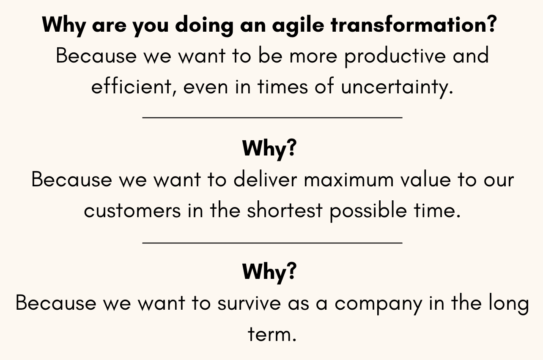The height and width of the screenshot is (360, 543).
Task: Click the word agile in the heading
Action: [x=298, y=26]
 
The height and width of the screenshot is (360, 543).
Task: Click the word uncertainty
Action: [x=397, y=87]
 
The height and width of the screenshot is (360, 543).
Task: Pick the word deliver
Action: [x=265, y=180]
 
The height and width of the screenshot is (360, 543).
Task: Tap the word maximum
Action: [x=348, y=180]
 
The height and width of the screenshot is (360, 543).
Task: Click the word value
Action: [x=425, y=180]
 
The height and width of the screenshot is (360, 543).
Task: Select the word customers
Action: [x=132, y=211]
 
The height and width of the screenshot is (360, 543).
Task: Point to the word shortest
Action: [x=285, y=210]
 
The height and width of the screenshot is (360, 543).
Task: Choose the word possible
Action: [x=368, y=211]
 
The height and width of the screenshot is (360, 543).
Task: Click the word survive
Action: [x=249, y=303]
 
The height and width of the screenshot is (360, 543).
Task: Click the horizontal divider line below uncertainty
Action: [x=272, y=118]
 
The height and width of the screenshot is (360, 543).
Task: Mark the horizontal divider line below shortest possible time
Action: [x=272, y=242]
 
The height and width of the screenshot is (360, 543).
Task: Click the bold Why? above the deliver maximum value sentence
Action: [x=269, y=149]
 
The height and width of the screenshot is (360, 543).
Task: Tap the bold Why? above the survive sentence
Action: [x=269, y=272]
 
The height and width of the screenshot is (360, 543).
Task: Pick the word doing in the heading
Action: [x=204, y=26]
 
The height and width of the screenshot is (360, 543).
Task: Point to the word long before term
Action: [x=509, y=304]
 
